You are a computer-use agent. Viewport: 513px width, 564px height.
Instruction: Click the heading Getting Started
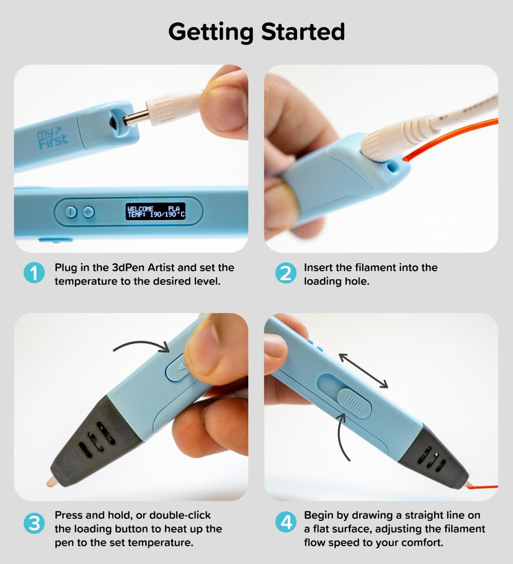256,32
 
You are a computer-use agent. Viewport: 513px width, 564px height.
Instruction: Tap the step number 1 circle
34,273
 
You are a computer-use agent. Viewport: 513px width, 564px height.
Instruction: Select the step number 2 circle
286,273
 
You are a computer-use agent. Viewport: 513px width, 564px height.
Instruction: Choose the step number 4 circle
286,522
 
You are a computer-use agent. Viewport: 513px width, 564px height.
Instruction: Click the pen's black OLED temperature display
155,211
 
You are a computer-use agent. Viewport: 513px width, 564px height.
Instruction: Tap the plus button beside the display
88,212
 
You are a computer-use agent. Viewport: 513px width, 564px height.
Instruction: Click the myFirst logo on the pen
52,139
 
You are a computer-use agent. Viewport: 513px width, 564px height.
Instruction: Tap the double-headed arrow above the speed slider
363,371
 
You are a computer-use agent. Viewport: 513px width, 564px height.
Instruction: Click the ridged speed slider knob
354,402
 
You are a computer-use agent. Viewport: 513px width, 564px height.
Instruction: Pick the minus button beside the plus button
71,212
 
